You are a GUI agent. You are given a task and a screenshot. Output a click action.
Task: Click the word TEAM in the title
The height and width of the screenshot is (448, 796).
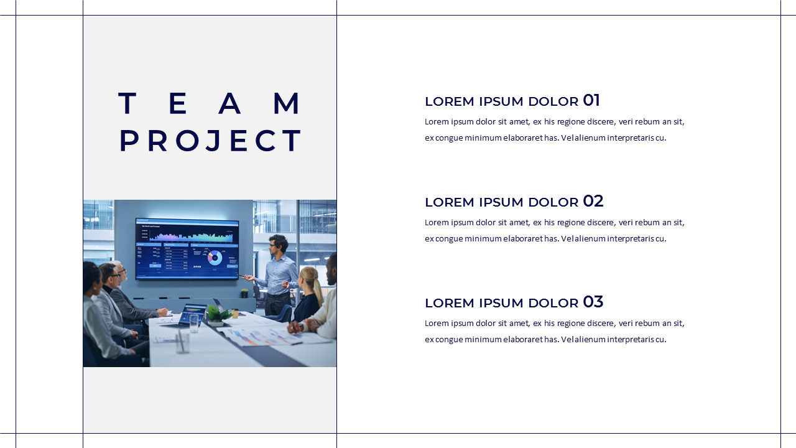tap(210, 103)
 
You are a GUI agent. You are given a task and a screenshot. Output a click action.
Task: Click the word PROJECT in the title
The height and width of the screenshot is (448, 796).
tap(210, 141)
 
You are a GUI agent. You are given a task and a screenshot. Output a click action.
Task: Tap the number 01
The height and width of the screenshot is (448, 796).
tap(591, 100)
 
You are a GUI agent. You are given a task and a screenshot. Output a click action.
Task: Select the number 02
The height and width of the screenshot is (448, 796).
tap(593, 201)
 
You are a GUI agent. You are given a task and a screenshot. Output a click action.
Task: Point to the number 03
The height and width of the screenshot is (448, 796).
tap(593, 302)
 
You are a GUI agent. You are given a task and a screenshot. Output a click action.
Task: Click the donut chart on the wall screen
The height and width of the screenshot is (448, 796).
tap(215, 258)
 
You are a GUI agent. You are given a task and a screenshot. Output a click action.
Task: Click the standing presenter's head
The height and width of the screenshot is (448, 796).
tap(277, 245)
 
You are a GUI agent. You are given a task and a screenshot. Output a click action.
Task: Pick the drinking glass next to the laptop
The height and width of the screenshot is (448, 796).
tap(194, 324)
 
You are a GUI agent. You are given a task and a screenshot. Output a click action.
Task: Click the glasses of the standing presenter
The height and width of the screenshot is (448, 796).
tap(272, 245)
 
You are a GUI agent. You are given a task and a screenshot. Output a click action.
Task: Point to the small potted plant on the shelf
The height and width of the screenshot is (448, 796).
tap(244, 293)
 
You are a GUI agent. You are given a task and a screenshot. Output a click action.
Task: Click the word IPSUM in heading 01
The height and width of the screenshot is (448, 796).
tap(501, 101)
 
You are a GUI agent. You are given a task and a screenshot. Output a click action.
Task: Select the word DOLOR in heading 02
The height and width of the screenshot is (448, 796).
tap(553, 202)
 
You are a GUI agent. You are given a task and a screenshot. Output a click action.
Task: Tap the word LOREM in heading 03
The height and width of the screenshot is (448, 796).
tap(450, 303)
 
